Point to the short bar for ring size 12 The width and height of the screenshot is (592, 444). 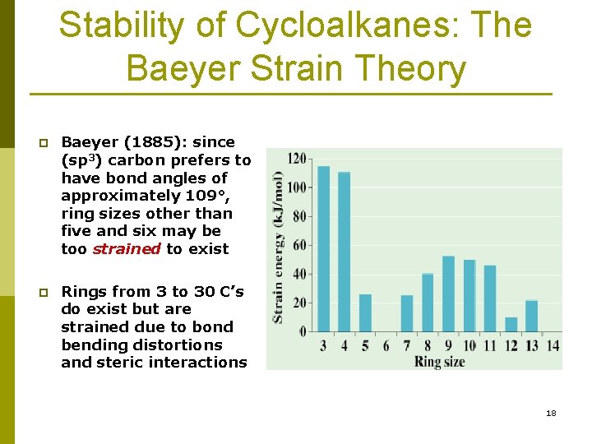click(x=511, y=324)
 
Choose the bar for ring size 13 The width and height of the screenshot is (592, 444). click(x=531, y=316)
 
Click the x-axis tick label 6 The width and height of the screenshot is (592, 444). click(x=386, y=345)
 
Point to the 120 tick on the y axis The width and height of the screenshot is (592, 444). click(x=297, y=159)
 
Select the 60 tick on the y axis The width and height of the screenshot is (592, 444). click(x=299, y=245)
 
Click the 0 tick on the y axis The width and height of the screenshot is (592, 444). click(x=303, y=331)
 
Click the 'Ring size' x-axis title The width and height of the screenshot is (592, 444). click(x=439, y=361)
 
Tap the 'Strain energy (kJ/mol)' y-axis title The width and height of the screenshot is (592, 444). click(x=278, y=247)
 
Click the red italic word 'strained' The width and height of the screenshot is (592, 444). click(x=126, y=249)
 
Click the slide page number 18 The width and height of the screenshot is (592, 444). click(x=551, y=413)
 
